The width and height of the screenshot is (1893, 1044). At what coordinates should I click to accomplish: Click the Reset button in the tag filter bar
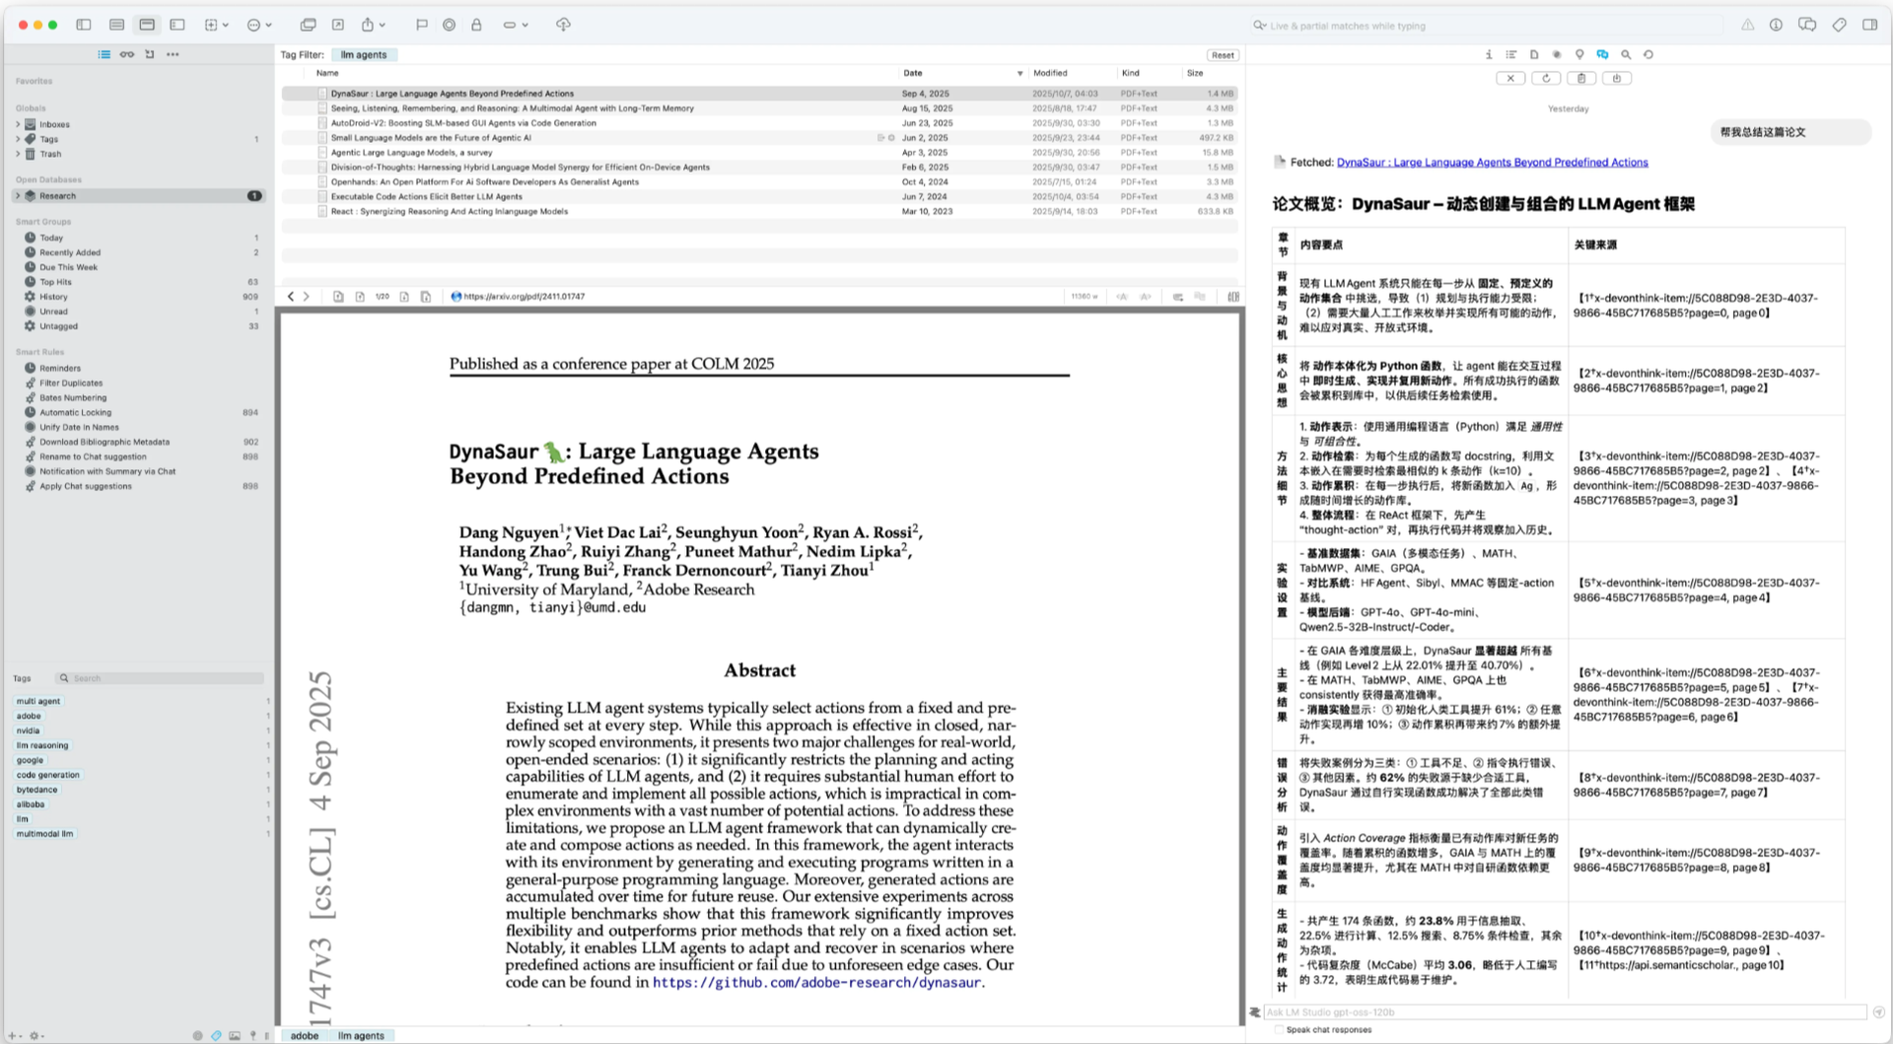click(1223, 55)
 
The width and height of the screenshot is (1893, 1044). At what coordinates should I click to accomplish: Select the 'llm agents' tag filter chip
click(363, 55)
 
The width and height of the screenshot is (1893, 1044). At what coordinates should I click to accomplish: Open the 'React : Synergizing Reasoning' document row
click(449, 212)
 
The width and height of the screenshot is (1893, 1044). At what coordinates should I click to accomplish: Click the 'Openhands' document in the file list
click(484, 182)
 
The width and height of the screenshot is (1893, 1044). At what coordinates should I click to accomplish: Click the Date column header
click(913, 73)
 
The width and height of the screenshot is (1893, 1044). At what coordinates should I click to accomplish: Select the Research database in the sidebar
click(58, 196)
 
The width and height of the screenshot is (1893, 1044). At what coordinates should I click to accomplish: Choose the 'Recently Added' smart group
click(69, 252)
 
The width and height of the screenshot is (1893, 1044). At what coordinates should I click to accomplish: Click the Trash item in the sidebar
click(50, 154)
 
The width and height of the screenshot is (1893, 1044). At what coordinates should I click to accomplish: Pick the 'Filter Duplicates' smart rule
click(71, 383)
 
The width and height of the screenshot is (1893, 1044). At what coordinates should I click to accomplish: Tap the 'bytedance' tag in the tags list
click(37, 790)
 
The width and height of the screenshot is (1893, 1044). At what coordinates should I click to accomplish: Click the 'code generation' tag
click(48, 775)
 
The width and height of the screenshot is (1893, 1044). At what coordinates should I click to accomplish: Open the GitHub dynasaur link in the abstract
click(816, 983)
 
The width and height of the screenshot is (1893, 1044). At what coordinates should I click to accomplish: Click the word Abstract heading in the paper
click(759, 670)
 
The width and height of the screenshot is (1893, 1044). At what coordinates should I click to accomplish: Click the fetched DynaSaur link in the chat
click(1492, 163)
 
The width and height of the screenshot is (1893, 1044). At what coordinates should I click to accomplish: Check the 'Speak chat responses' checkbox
click(1280, 1030)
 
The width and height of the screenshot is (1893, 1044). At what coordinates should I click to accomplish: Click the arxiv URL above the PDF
click(524, 297)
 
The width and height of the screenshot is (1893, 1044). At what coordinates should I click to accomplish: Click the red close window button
click(23, 25)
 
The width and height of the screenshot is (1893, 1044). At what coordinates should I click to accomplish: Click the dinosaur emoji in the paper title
click(554, 452)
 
